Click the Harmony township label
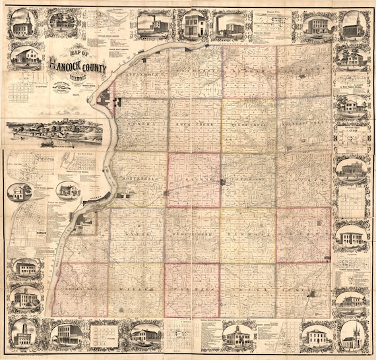pos(248,233)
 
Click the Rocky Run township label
pos(80,288)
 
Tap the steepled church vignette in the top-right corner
pos(352,24)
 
